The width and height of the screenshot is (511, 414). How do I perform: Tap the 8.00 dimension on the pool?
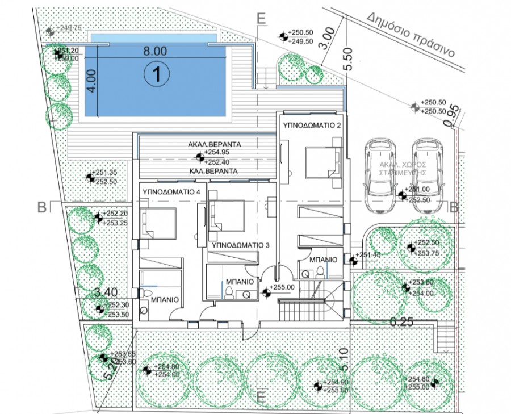point(154,51)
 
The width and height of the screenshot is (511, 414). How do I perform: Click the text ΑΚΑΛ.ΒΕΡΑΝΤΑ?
point(215,145)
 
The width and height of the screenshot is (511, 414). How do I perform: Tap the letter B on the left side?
point(41,207)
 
